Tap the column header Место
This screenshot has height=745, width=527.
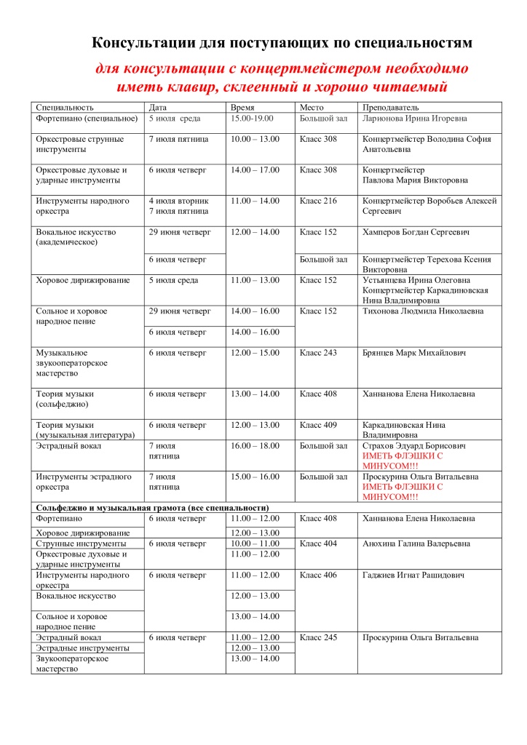coord(312,107)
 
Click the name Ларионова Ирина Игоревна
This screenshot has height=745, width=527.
coord(415,118)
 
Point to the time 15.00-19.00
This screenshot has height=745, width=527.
coord(253,118)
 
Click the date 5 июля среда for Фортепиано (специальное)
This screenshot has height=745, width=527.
coord(175,118)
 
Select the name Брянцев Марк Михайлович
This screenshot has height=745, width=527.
coord(414,353)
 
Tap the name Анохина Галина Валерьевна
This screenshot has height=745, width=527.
coord(416,543)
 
